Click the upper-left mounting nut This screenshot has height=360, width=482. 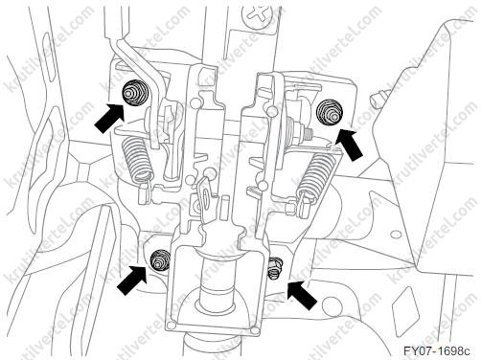coord(133,92)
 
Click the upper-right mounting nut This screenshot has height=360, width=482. coord(330,114)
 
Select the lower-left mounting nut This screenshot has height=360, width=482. coord(159,259)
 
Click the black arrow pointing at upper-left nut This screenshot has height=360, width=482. coord(108,117)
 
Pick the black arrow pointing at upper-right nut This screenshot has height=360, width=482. coord(351,145)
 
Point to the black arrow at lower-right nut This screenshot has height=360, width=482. coord(302,294)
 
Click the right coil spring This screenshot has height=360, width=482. coord(315,174)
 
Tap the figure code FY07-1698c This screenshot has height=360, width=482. coord(437,351)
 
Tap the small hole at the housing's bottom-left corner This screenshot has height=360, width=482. coord(172,326)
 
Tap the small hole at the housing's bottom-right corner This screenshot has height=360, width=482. coord(255,329)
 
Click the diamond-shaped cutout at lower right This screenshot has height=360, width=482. coord(405,301)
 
